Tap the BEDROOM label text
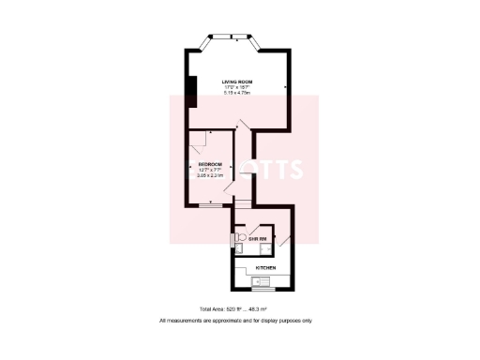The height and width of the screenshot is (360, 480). coord(210,163)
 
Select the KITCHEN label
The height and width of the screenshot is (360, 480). coord(265,269)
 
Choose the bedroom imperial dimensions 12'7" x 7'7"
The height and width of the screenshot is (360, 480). coord(210,169)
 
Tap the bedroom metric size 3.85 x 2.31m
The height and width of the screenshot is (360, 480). coord(210,174)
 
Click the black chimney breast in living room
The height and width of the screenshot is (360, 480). coord(190,92)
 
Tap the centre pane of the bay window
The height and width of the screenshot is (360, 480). coord(229,37)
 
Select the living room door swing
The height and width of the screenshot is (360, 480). coord(243,128)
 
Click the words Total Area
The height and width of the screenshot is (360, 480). coord(212,309)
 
